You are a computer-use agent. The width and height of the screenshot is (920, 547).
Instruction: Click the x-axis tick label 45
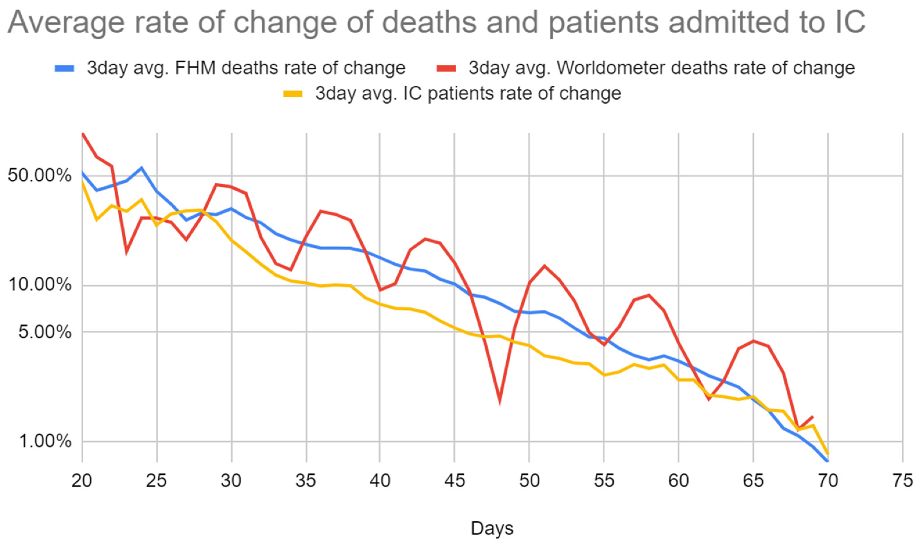[454, 481]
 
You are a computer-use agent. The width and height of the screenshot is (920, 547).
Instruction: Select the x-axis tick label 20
[82, 481]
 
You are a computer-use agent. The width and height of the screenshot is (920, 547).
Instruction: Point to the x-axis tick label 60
[679, 481]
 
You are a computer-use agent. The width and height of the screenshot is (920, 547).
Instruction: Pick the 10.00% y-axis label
[39, 285]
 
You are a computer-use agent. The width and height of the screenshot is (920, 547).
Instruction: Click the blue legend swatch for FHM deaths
[65, 69]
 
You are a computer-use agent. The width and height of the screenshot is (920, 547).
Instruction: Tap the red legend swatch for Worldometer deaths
[446, 69]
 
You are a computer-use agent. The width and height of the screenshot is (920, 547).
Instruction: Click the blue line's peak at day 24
[141, 168]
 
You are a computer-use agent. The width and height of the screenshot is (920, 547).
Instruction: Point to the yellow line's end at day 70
[828, 454]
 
